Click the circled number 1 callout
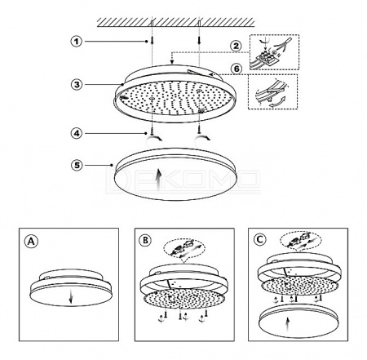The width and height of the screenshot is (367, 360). pos(77,42)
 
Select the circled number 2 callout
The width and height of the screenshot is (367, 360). pos(236,46)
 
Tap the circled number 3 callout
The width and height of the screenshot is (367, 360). pos(77,84)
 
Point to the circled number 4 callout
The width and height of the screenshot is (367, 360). pos(77,133)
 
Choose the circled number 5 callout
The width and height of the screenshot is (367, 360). pos(77,165)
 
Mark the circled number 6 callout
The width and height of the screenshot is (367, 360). pos(237,69)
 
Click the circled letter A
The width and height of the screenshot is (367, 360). pos(31,241)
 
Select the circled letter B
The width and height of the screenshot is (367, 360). pos(145,240)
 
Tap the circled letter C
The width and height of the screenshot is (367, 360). pos(259,239)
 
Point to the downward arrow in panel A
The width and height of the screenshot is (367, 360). pos(70,296)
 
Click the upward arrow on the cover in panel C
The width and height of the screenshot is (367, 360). pos(288,325)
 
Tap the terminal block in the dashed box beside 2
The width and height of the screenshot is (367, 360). pos(265,58)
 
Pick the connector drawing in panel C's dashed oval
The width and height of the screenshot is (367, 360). pos(301,239)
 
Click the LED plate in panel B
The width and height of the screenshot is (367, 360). pos(184,300)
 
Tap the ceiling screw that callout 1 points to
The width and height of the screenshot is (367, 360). pos(153,39)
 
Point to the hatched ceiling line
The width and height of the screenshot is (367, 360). pos(176,22)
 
